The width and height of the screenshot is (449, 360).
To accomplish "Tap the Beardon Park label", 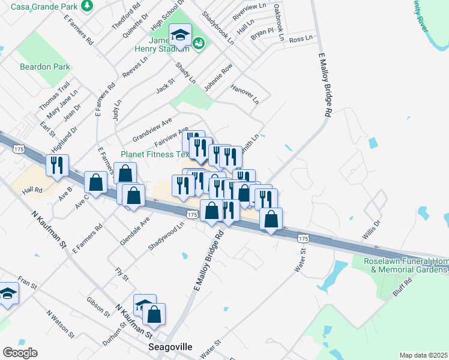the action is pos(44,67).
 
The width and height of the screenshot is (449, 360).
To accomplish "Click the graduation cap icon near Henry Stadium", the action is pos(179,35).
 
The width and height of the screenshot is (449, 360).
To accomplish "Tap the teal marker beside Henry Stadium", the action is pos(199,43).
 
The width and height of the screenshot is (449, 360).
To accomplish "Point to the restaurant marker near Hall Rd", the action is pos(58,165).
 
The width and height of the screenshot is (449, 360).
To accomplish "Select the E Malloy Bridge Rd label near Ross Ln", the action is pos(324,85).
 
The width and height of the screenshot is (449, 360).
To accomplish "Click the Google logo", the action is pos(20,352).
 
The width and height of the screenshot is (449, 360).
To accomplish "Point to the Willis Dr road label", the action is pos(370,230).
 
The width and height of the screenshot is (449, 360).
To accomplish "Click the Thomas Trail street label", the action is pos(55,97).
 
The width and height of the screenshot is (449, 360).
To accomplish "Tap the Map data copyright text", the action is pos(423,355).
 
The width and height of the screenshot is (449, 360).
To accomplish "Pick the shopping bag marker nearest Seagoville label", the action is pos(154,314).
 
